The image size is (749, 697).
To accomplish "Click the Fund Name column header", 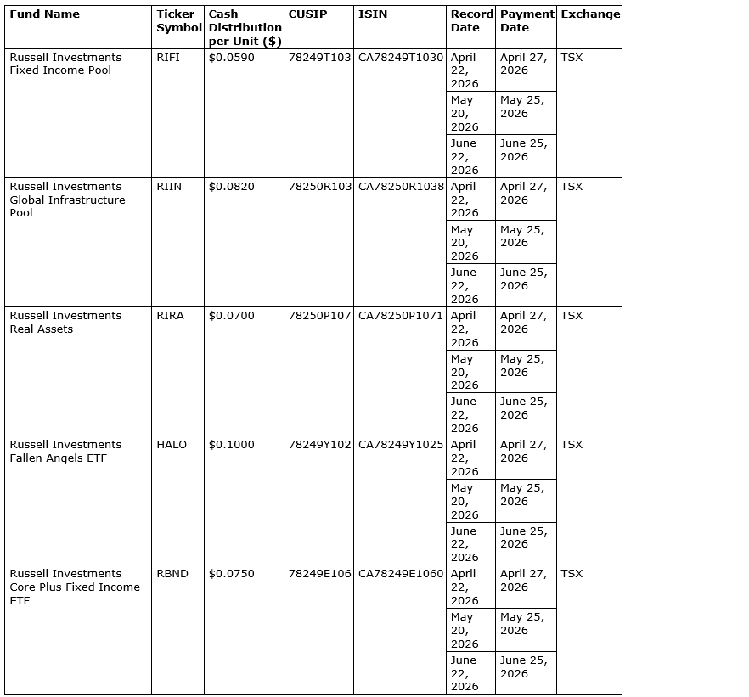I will tap(44, 14).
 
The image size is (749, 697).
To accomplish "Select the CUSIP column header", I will tap(307, 14).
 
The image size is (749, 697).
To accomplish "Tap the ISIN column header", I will tap(373, 14).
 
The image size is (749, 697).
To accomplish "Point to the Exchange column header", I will tap(590, 14).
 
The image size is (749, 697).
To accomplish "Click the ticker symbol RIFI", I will tap(168, 58).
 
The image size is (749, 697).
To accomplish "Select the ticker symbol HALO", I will tap(172, 445).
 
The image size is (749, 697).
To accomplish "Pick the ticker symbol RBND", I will tap(172, 574).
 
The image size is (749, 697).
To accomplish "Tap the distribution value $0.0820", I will tap(231, 187).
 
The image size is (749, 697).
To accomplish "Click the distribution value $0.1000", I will tap(231, 445).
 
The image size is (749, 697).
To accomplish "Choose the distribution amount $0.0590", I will tap(231, 58).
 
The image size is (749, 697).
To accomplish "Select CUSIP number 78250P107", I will tap(319, 316).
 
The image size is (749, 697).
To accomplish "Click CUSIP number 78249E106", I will tap(319, 574).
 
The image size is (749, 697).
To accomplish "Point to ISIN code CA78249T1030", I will tap(401, 58).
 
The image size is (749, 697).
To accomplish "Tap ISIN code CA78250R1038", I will tap(401, 187).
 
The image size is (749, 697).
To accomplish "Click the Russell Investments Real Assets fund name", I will tap(65, 323).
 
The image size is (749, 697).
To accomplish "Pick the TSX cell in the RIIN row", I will tap(572, 187).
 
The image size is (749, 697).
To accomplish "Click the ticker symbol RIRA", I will tap(170, 316).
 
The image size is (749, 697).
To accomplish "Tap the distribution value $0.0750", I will tap(231, 574).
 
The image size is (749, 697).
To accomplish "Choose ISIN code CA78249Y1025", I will tap(401, 445).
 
